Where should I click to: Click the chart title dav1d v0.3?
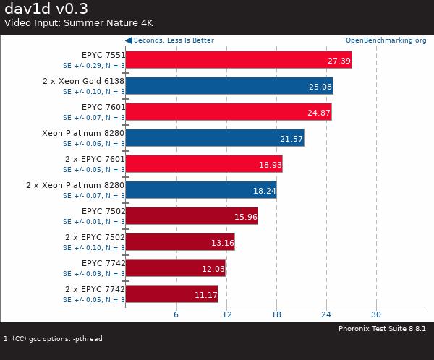pos(46,9)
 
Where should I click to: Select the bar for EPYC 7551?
pos(238,59)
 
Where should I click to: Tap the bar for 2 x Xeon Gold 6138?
pos(229,85)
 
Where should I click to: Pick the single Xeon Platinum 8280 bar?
pos(214,137)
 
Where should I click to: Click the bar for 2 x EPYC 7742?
pos(171,293)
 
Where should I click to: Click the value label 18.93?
pos(270,165)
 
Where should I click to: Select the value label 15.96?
pos(245,217)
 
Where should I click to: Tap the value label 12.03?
pos(213,269)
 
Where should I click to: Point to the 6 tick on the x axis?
pos(176,314)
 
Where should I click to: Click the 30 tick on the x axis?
pos(375,314)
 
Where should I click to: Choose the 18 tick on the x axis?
pos(276,314)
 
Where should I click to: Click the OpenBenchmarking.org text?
pos(386,40)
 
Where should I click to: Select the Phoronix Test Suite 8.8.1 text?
pos(382,329)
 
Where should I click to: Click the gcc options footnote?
pos(53,338)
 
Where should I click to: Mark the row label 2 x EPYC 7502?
pos(95,237)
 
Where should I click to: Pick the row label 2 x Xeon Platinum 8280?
pos(75,185)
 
